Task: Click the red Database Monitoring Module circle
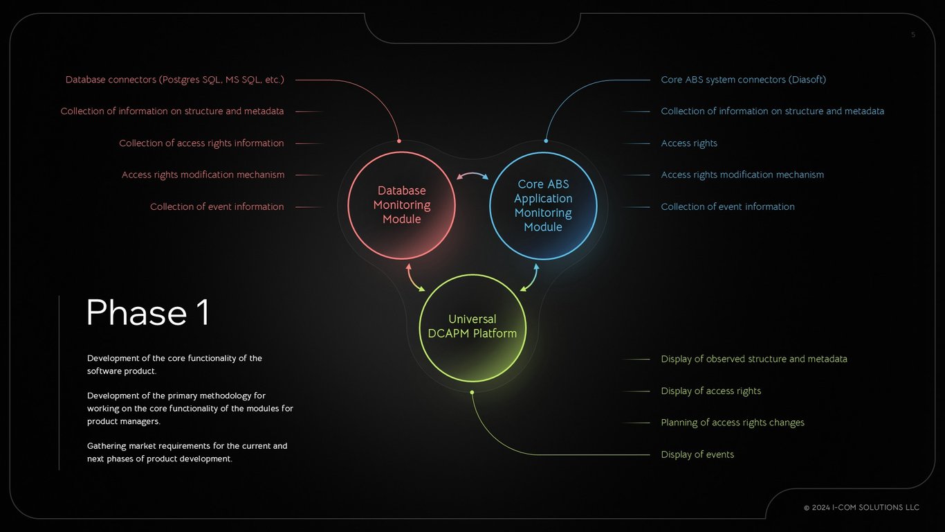click(x=401, y=205)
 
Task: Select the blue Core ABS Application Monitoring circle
click(x=543, y=206)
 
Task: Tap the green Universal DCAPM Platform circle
click(x=472, y=327)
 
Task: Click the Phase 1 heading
click(x=147, y=312)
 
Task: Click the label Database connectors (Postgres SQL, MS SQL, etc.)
click(x=175, y=80)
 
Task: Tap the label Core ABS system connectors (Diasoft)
click(x=743, y=80)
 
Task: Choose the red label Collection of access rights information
click(x=201, y=143)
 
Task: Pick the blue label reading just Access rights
click(x=689, y=143)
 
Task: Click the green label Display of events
click(x=697, y=454)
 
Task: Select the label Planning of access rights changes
click(x=733, y=423)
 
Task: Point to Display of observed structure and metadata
click(x=754, y=359)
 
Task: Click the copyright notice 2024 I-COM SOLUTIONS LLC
click(x=861, y=508)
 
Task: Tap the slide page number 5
click(x=913, y=35)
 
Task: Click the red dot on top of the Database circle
click(x=399, y=141)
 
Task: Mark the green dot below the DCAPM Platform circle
click(x=472, y=392)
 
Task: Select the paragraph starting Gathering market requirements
click(x=187, y=452)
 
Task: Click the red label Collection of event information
click(x=217, y=206)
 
